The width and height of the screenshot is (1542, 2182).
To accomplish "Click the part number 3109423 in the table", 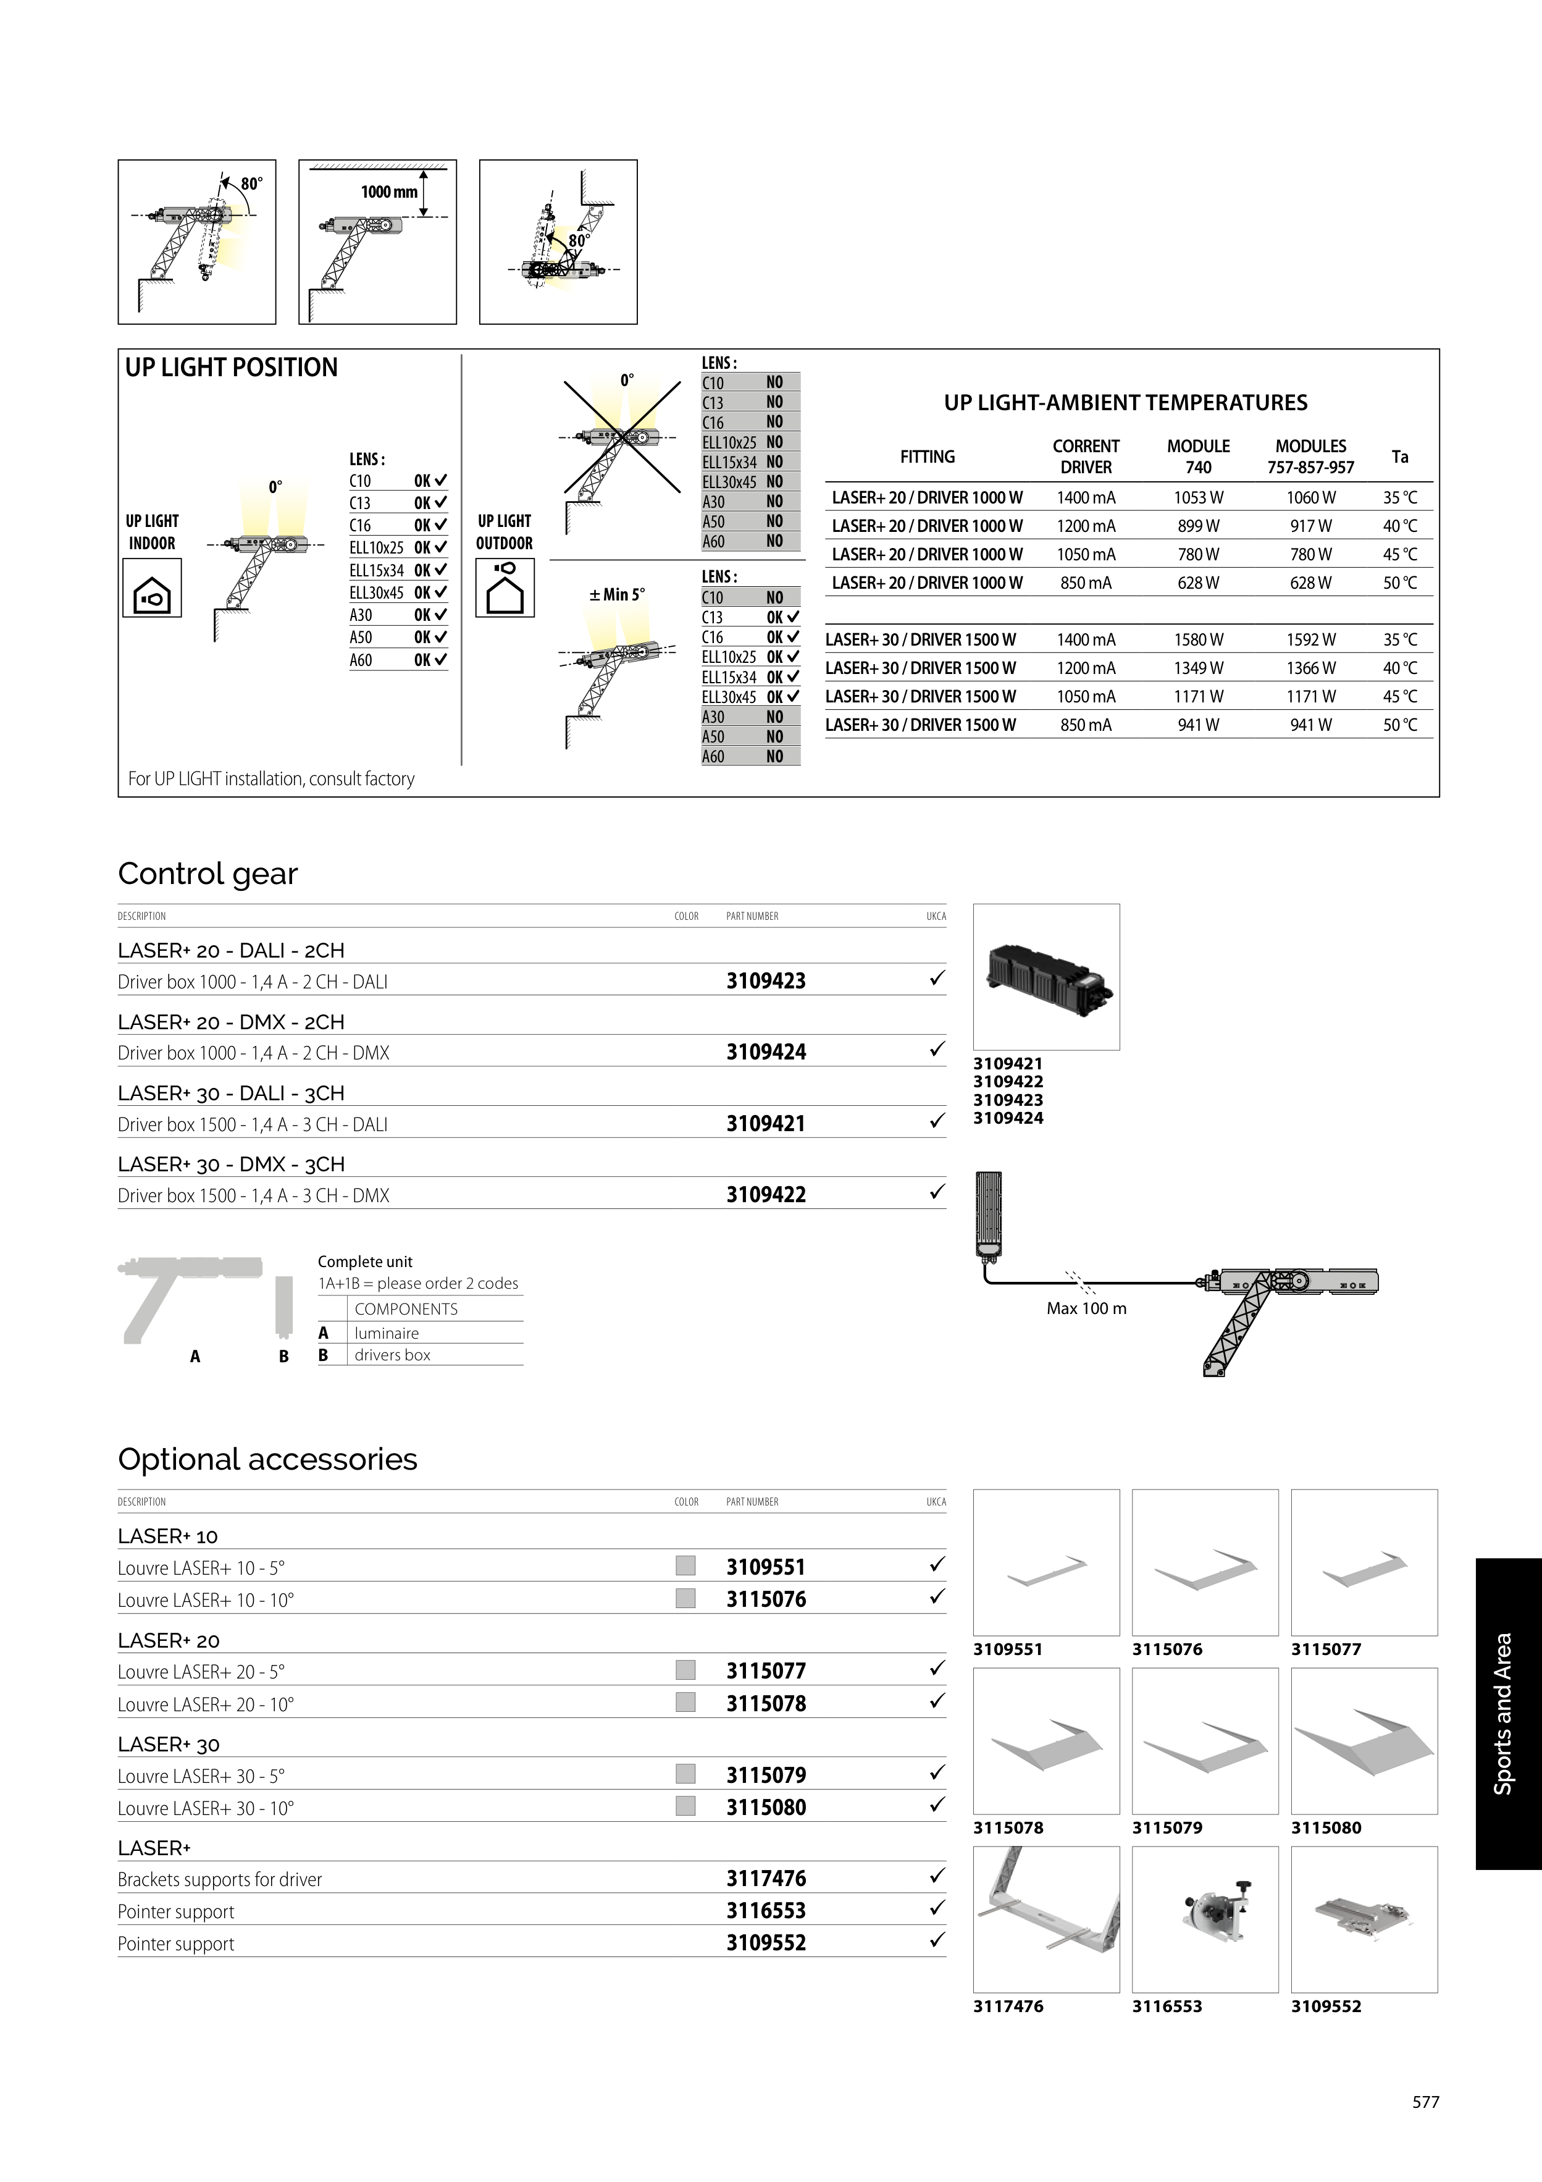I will (x=766, y=981).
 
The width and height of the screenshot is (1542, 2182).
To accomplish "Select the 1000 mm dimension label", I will (x=388, y=192).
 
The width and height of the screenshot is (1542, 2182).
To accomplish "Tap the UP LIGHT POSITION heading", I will (x=231, y=368).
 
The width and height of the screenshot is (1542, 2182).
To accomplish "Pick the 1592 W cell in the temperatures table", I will (x=1310, y=639).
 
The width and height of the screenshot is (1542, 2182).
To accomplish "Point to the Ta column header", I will (x=1399, y=457).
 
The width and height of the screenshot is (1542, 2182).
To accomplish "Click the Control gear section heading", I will (x=207, y=874).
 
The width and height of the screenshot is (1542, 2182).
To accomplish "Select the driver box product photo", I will (x=1046, y=977).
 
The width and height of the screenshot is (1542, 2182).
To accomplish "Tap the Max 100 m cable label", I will (x=1086, y=1308).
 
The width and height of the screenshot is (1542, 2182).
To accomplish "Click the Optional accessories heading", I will (x=267, y=1459).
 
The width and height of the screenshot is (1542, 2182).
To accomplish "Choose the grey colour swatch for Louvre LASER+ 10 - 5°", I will (x=685, y=1565).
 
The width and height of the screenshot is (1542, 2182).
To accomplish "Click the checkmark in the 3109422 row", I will (x=937, y=1192).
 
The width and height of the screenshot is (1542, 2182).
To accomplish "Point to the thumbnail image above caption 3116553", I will (x=1205, y=1919).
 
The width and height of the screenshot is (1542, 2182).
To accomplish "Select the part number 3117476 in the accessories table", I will (x=766, y=1878).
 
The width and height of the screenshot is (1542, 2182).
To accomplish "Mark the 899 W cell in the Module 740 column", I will (x=1198, y=526).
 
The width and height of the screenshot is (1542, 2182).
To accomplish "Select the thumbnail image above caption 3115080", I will (x=1364, y=1741).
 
